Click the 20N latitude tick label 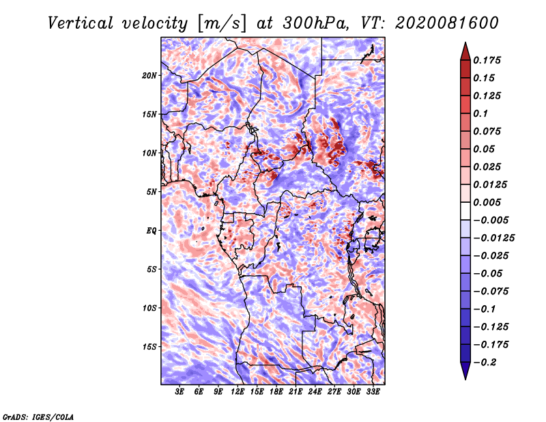(x=149, y=76)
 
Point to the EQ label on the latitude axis (x=151, y=231)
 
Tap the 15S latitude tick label (x=149, y=347)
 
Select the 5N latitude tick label (x=152, y=192)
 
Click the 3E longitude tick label (x=179, y=392)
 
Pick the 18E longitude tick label (x=276, y=392)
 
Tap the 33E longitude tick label (x=373, y=392)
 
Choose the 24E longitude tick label (x=315, y=392)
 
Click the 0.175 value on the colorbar (x=487, y=60)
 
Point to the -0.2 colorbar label (x=485, y=363)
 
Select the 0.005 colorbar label (x=487, y=202)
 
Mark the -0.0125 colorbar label (x=493, y=238)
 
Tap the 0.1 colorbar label (x=480, y=113)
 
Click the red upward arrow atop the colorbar (x=465, y=51)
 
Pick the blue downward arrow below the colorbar (x=465, y=371)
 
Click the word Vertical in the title (x=81, y=23)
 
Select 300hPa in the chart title (x=316, y=23)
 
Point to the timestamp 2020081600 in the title (x=447, y=23)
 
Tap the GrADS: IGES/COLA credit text (x=38, y=417)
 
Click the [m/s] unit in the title (x=221, y=24)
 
